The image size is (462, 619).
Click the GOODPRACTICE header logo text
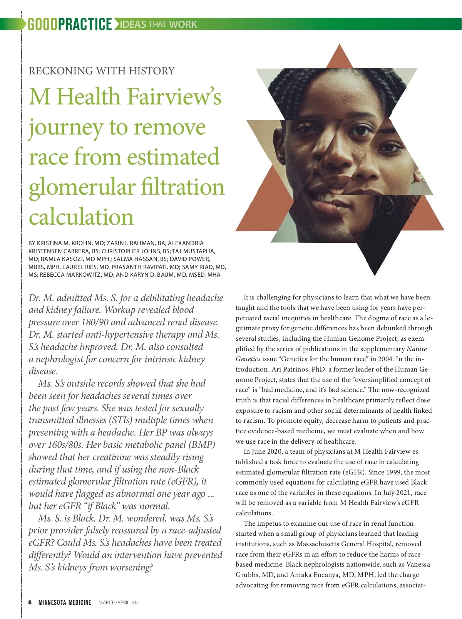click(x=69, y=24)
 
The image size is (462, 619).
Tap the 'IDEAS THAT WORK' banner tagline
click(x=158, y=25)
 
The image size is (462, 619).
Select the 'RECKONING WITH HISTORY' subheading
click(x=102, y=71)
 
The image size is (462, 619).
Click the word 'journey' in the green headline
click(x=65, y=128)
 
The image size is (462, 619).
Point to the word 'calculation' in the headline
click(x=81, y=217)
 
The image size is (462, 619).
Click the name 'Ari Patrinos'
click(x=291, y=369)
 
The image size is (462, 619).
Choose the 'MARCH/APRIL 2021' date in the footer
click(x=120, y=602)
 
